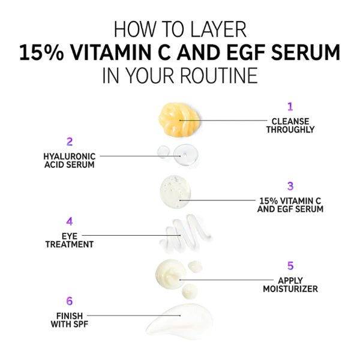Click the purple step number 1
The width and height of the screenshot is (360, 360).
[x=290, y=107]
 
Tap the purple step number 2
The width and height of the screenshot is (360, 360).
[x=70, y=142]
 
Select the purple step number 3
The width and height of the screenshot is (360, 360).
[x=290, y=186]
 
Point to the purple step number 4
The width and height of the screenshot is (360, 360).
[x=70, y=221]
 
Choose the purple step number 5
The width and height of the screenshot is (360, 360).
[x=290, y=266]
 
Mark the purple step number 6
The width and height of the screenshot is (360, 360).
[x=70, y=301]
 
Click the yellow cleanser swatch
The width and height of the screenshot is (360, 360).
[x=179, y=119]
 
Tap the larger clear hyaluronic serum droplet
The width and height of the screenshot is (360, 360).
[x=186, y=155]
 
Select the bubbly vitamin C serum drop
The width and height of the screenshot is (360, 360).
[x=175, y=192]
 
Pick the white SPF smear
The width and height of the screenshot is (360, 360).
[x=179, y=320]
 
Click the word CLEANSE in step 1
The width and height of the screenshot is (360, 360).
[x=290, y=121]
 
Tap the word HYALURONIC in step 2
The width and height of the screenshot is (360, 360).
[x=70, y=157]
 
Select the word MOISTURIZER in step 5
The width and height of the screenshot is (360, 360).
[x=290, y=289]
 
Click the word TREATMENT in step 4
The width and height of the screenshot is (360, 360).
[x=70, y=244]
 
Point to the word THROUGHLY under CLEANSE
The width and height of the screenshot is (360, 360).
[x=290, y=130]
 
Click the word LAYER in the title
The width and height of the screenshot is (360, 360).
[x=218, y=29]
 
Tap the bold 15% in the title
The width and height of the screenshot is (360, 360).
[x=41, y=53]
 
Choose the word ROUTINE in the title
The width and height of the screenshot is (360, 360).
[x=219, y=76]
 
